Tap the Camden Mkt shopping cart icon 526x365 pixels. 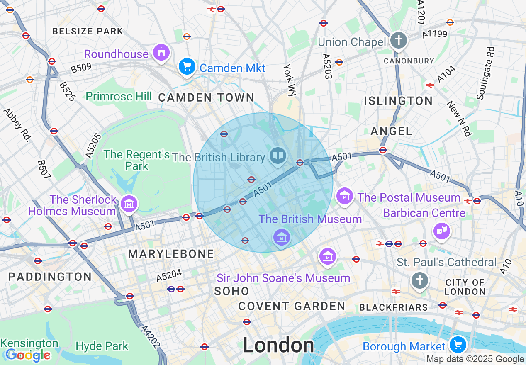tap(187, 66)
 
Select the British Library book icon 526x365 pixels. tap(278, 156)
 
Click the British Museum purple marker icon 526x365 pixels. tap(281, 237)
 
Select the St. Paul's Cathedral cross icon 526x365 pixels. tap(419, 281)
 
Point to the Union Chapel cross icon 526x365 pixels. tap(399, 41)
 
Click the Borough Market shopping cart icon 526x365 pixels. tap(458, 344)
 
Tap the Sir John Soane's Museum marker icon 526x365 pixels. tap(328, 256)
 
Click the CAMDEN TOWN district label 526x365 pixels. tap(206, 97)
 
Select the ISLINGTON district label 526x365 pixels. tap(398, 101)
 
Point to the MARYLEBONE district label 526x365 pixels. tap(171, 254)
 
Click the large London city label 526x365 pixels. tap(278, 345)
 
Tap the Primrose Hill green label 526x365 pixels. tap(119, 97)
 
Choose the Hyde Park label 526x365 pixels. tap(102, 346)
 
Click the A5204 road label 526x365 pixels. tap(169, 276)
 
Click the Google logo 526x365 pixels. tap(27, 355)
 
